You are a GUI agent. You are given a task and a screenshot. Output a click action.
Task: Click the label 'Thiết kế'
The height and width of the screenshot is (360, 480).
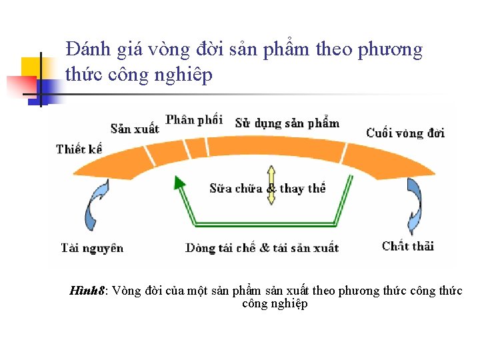tap(79, 149)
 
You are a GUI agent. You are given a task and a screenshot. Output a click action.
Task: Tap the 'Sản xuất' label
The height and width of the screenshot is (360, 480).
tap(135, 129)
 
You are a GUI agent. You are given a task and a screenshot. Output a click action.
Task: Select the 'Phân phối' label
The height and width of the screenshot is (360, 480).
tap(194, 119)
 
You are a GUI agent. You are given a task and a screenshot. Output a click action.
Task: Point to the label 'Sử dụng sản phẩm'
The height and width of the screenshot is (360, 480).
tap(287, 123)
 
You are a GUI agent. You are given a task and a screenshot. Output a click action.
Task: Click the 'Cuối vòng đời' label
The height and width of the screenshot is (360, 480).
tap(405, 133)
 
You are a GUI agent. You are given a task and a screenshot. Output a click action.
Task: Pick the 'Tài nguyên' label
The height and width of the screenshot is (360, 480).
tap(93, 248)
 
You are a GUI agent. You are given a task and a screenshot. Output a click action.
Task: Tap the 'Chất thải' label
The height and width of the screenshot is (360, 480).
tap(408, 246)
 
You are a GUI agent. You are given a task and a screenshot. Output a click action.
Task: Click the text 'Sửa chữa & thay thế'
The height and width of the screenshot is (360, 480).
tap(267, 189)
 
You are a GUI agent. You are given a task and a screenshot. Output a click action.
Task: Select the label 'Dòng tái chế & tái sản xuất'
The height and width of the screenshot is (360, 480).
tap(262, 248)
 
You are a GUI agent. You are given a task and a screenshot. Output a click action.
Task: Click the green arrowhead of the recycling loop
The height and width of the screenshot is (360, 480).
tap(178, 181)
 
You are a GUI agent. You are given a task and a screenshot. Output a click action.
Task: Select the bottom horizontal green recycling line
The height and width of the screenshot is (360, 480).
tap(260, 222)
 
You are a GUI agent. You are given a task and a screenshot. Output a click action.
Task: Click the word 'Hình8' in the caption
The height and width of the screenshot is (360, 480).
tap(87, 291)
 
